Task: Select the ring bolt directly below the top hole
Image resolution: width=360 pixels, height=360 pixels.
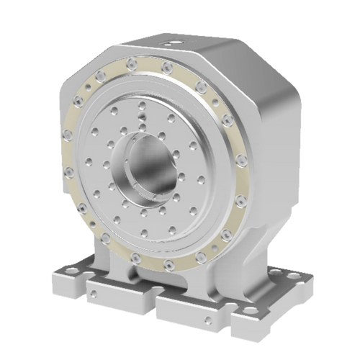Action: tap(166, 67)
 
